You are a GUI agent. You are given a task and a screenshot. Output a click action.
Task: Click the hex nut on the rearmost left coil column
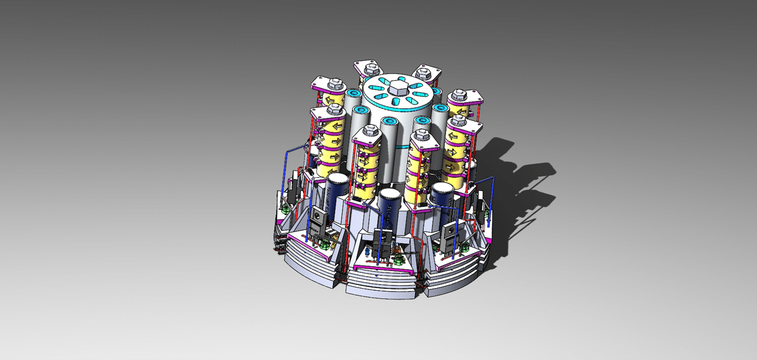pos(365,66)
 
